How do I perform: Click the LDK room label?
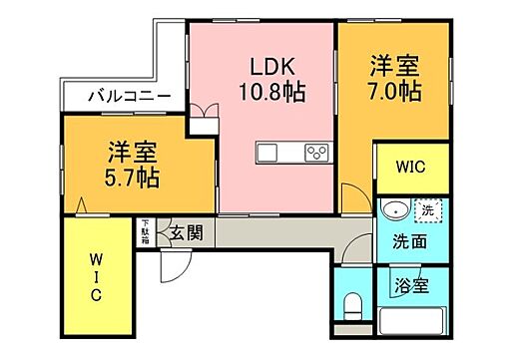coord(271,68)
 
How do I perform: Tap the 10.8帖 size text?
coord(271,93)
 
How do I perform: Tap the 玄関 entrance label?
coord(186,233)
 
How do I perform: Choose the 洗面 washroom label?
coord(410,240)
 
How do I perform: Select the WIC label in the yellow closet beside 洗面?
coord(411,168)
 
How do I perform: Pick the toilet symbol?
coord(350,302)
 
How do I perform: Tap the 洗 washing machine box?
coord(427,210)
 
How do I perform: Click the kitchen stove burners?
coord(316,153)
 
